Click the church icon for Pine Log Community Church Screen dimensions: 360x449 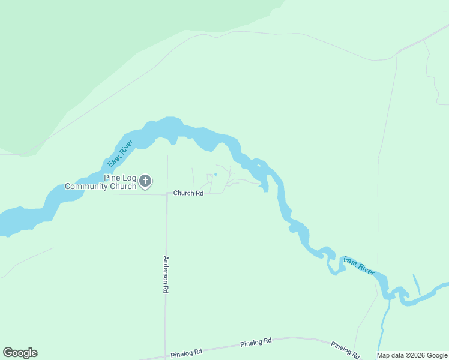point(145,181)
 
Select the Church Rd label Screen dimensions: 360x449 point(188,193)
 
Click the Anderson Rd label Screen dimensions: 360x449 point(166,274)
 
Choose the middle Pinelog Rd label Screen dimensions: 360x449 point(256,343)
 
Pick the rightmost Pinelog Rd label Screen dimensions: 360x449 point(345,349)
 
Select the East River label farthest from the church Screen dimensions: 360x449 point(359,265)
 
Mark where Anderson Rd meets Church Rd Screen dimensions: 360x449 point(166,194)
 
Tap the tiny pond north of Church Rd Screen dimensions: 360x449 point(215,175)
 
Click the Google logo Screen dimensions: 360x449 point(20,353)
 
